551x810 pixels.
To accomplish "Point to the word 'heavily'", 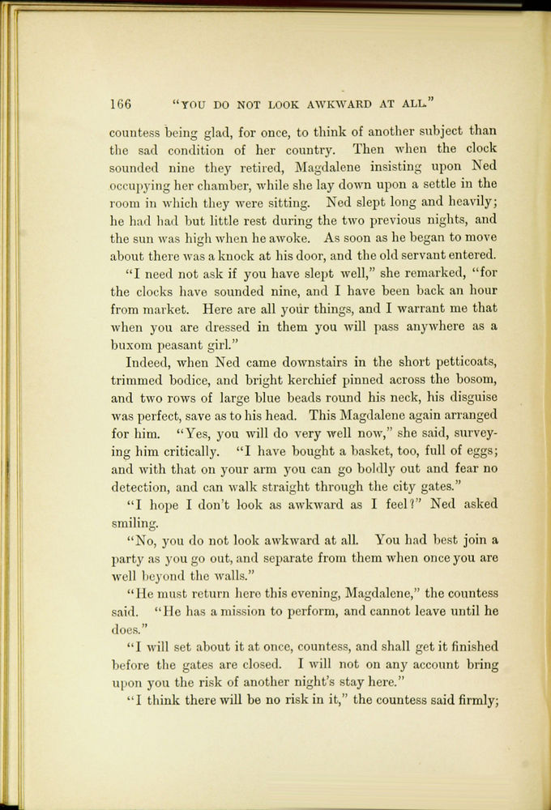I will point(469,203).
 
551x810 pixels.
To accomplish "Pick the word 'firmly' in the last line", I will point(473,701).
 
